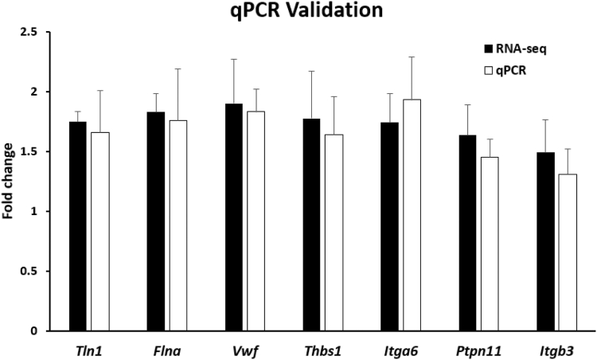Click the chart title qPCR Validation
click(x=298, y=11)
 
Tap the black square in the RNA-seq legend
click(x=490, y=47)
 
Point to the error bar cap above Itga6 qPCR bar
click(x=412, y=57)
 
